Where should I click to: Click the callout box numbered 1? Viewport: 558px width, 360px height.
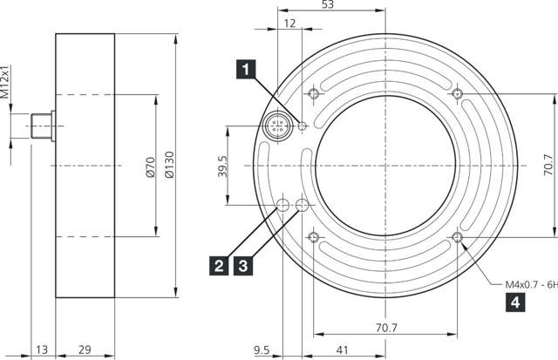click(248, 66)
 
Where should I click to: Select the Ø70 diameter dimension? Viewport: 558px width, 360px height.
click(149, 166)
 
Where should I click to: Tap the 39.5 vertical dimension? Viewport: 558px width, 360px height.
click(221, 166)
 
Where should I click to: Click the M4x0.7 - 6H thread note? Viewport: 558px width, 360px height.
click(531, 284)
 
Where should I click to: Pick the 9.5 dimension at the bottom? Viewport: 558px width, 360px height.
click(262, 350)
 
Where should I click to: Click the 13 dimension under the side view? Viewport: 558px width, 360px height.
click(43, 350)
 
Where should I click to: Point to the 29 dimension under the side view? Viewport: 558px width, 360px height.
click(85, 350)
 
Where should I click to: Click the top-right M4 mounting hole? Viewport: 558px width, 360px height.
click(458, 94)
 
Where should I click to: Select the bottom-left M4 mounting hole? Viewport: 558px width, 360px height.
click(313, 238)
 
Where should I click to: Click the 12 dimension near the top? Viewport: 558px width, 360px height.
click(290, 24)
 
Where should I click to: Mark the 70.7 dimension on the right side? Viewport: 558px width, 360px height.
click(548, 165)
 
